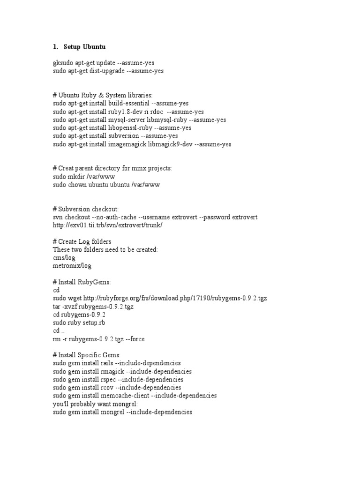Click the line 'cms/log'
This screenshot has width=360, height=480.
[64, 258]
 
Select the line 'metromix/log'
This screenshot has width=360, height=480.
[72, 266]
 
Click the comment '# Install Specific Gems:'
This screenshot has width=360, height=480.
[87, 355]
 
